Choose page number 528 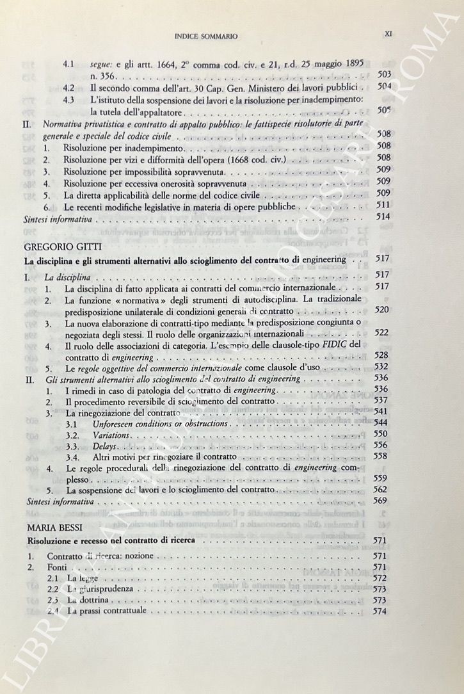coord(382,355)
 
